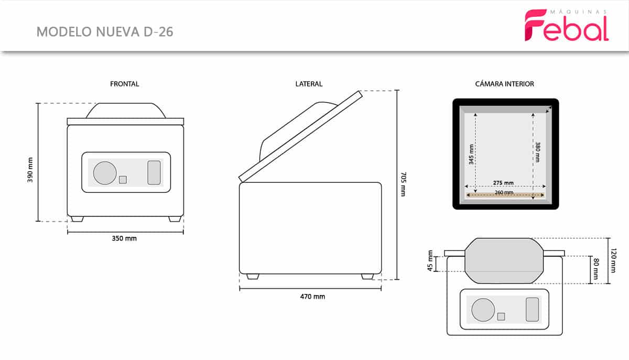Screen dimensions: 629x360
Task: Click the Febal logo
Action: (x=567, y=25)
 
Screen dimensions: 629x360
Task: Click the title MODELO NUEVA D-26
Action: (x=105, y=32)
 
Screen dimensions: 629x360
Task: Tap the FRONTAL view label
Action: (x=124, y=84)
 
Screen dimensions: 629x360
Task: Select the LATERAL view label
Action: (x=309, y=84)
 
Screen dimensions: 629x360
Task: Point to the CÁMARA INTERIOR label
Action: (x=505, y=84)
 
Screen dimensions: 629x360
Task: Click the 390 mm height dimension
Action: (x=30, y=170)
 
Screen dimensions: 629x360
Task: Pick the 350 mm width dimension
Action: (x=124, y=238)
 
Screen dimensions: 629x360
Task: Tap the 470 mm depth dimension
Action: (x=312, y=297)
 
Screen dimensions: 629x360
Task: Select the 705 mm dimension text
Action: (x=403, y=184)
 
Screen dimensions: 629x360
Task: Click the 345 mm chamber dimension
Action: (x=471, y=154)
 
